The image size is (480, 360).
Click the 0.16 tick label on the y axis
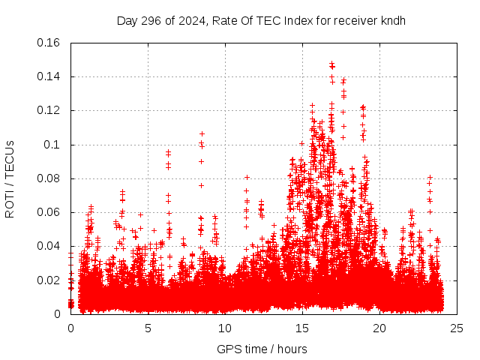[x=49, y=43]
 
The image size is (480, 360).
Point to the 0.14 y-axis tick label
[x=49, y=76]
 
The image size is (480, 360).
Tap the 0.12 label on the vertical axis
[x=49, y=110]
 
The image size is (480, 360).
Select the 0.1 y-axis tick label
[x=55, y=145]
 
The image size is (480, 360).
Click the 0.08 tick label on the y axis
[x=49, y=178]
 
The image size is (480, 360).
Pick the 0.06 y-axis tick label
[x=49, y=212]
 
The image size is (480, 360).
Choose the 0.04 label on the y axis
[x=49, y=246]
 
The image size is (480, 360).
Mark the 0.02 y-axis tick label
[x=49, y=280]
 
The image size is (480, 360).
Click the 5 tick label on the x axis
[x=148, y=328]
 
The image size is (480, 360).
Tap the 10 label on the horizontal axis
[x=225, y=328]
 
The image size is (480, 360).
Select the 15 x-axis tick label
[x=302, y=328]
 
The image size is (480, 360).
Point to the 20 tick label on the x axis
[x=379, y=328]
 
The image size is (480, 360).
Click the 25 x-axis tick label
[x=457, y=328]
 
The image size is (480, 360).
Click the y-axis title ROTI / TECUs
[x=10, y=178]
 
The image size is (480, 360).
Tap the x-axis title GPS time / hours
[x=262, y=349]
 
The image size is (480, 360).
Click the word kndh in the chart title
[x=392, y=20]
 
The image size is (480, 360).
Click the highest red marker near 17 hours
[x=331, y=64]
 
